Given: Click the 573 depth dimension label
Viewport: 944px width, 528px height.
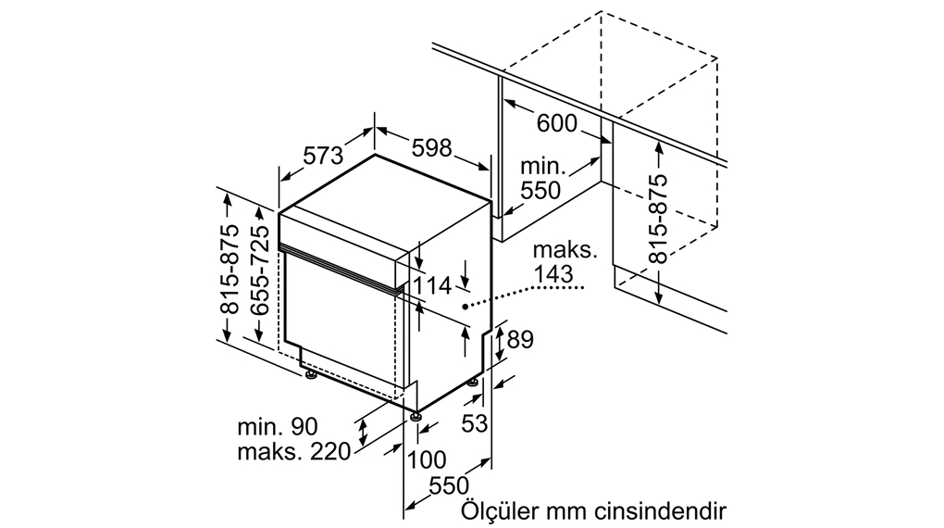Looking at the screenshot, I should pos(323,156).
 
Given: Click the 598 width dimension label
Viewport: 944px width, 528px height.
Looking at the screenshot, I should pos(431,147).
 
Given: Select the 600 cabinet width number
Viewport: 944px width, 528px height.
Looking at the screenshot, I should pos(556,123).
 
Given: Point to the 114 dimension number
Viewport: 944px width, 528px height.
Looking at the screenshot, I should pos(431,286).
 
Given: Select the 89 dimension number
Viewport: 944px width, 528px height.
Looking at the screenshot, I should pos(520,340).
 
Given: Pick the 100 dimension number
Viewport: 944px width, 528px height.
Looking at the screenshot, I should pos(426,459).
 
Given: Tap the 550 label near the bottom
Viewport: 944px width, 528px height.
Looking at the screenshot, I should pos(449,486).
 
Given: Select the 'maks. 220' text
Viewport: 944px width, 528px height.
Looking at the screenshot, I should pos(293,452).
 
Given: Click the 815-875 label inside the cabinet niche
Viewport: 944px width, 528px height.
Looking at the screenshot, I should pos(659,219).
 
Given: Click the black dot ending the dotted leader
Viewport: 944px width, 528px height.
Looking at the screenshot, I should pos(465,303).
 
